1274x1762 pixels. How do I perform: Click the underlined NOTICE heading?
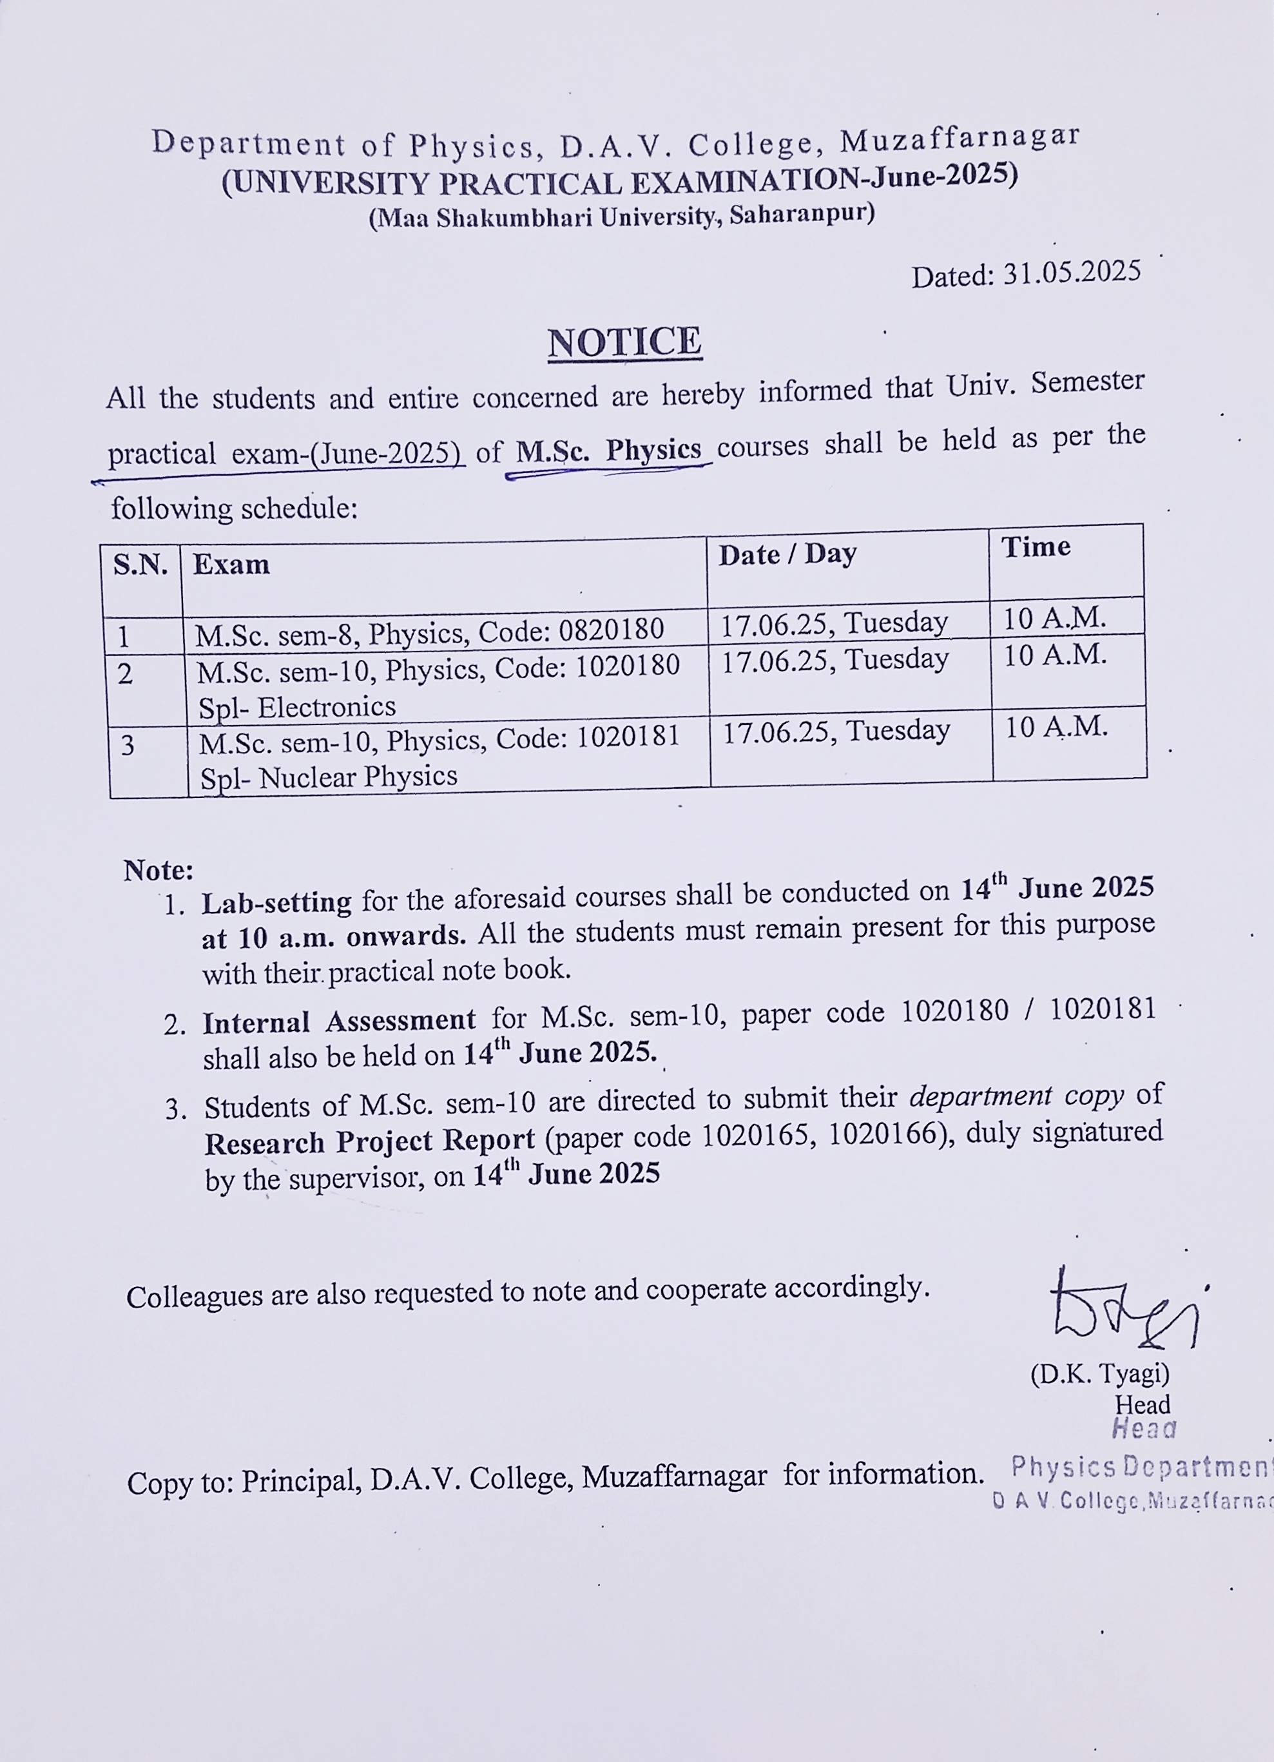coord(624,343)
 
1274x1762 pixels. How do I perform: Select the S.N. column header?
coord(140,565)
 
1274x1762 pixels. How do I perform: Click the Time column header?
coord(1036,547)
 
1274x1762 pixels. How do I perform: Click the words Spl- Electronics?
coord(296,707)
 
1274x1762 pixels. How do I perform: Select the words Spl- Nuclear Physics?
coord(329,777)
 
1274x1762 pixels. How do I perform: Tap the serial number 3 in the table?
coord(128,746)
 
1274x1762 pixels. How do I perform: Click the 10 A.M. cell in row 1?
coord(1054,619)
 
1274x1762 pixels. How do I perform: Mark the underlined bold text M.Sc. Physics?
coord(608,450)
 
